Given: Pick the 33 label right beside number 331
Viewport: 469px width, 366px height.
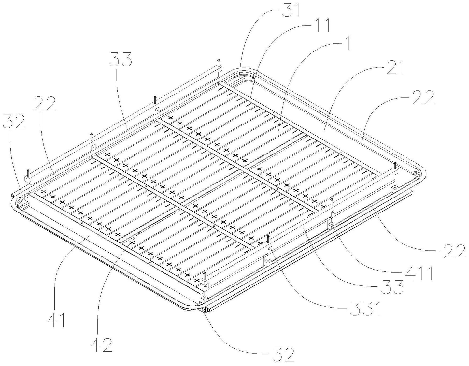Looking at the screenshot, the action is click(x=392, y=286).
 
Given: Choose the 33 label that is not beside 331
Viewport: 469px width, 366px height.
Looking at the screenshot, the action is click(x=120, y=59).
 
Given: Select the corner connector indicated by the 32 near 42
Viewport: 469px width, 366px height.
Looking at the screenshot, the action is click(x=206, y=310).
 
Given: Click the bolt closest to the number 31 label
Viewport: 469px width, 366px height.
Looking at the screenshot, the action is click(x=219, y=63).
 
